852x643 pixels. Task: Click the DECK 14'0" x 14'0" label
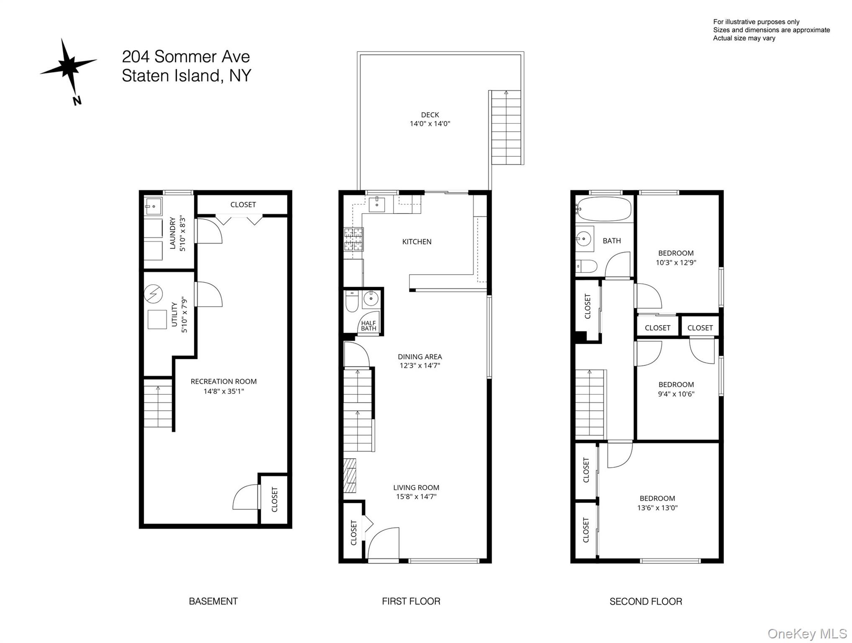click(x=430, y=119)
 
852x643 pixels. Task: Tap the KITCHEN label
click(x=416, y=242)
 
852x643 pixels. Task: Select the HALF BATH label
click(x=368, y=326)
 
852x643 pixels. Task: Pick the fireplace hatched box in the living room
click(x=350, y=475)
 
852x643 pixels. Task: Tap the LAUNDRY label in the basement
click(x=172, y=233)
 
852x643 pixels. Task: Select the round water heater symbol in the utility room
click(x=153, y=294)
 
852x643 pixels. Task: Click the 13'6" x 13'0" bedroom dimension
click(x=657, y=508)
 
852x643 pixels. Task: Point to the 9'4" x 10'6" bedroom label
click(x=676, y=389)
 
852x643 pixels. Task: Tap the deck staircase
click(x=506, y=128)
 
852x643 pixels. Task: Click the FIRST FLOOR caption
click(x=411, y=601)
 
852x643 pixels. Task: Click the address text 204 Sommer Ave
click(x=185, y=57)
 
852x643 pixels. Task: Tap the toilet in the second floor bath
click(x=586, y=266)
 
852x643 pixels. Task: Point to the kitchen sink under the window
click(x=377, y=204)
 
